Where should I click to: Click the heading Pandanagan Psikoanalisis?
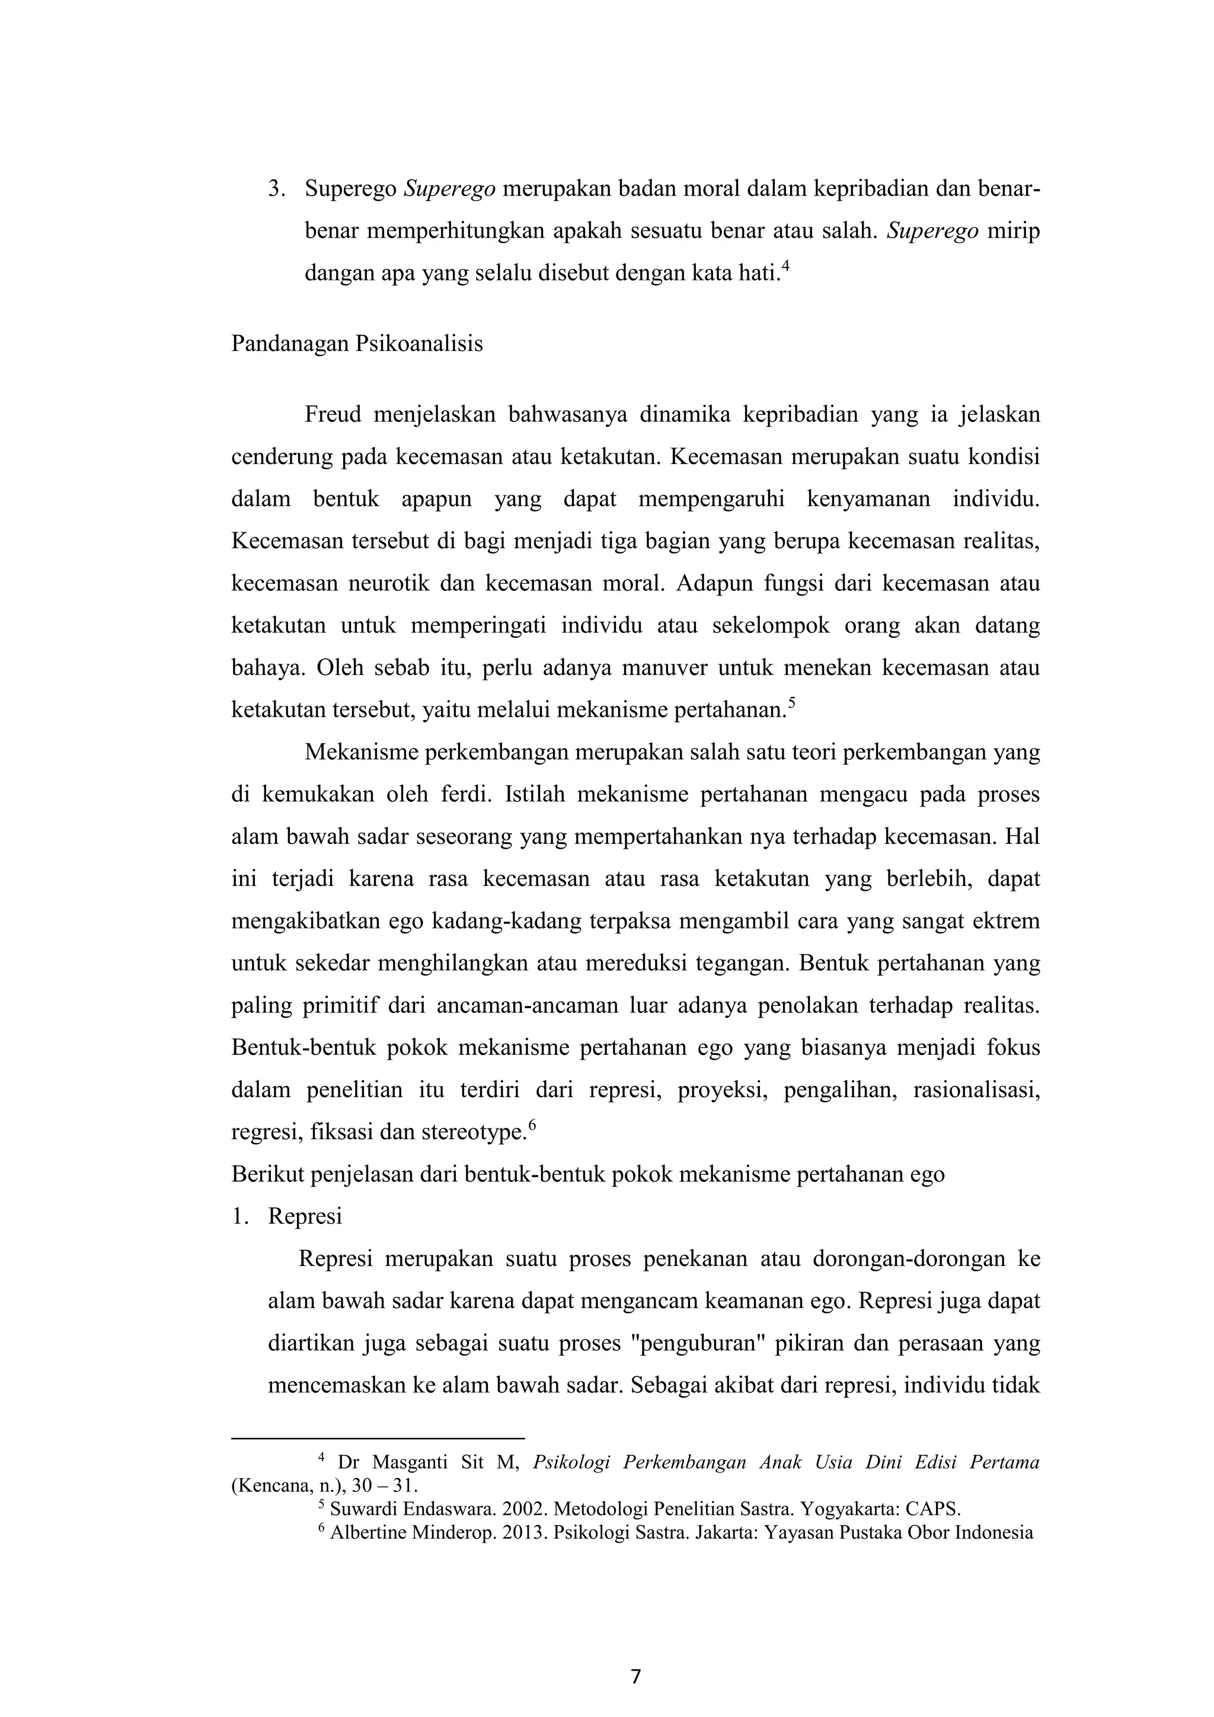tap(357, 343)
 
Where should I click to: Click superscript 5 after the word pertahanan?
tap(792, 702)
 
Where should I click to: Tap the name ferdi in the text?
tap(460, 794)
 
